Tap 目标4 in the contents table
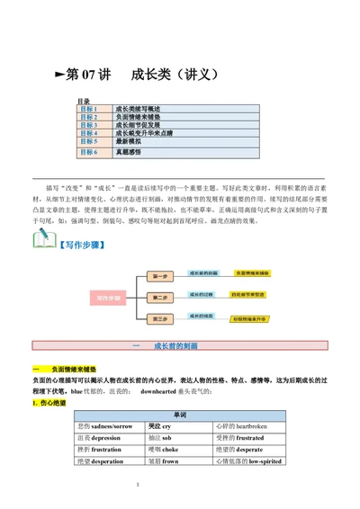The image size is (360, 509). point(90,133)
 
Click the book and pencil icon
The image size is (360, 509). point(45,240)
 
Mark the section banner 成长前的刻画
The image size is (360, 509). point(180,346)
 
